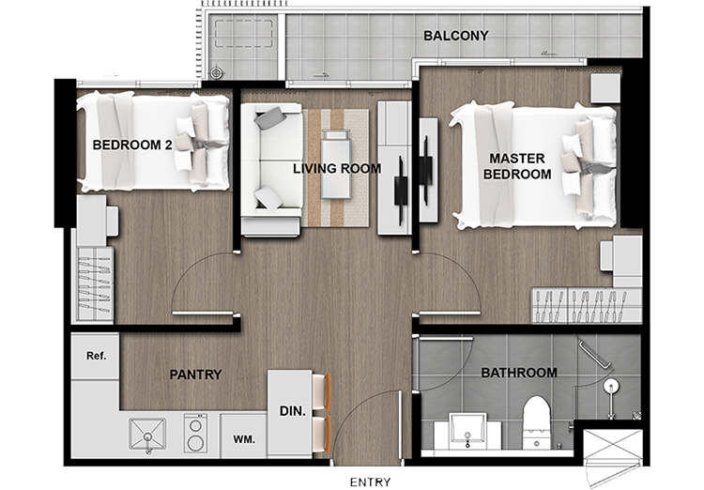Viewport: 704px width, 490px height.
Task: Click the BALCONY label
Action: pyautogui.click(x=455, y=36)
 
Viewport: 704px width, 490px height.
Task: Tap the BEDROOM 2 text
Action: pyautogui.click(x=132, y=145)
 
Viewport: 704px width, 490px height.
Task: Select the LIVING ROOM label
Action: pyautogui.click(x=337, y=168)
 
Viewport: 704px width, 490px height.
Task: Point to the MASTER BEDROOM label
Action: pyautogui.click(x=517, y=166)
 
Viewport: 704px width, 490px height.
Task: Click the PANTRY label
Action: pyautogui.click(x=195, y=375)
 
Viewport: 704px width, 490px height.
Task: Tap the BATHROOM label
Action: pyautogui.click(x=519, y=373)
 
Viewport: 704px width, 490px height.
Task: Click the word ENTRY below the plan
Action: pyautogui.click(x=371, y=482)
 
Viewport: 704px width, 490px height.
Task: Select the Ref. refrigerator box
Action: pyautogui.click(x=95, y=356)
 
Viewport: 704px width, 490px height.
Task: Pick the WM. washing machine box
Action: pyautogui.click(x=244, y=436)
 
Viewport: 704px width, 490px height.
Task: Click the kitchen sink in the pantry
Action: pyautogui.click(x=147, y=434)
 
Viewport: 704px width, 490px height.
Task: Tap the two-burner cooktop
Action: pyautogui.click(x=195, y=433)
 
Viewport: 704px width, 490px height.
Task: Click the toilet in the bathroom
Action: pyautogui.click(x=537, y=421)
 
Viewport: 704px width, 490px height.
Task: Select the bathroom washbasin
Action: pyautogui.click(x=467, y=431)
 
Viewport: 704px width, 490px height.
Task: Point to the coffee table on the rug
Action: pyautogui.click(x=336, y=164)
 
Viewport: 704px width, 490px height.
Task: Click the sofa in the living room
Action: pyautogui.click(x=271, y=169)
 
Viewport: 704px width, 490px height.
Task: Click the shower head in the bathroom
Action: pyautogui.click(x=611, y=386)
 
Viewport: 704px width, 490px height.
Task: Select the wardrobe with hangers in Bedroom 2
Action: pyautogui.click(x=95, y=283)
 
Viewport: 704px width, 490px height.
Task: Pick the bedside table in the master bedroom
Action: pyautogui.click(x=605, y=88)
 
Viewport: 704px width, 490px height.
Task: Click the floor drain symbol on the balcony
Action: pyautogui.click(x=216, y=72)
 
